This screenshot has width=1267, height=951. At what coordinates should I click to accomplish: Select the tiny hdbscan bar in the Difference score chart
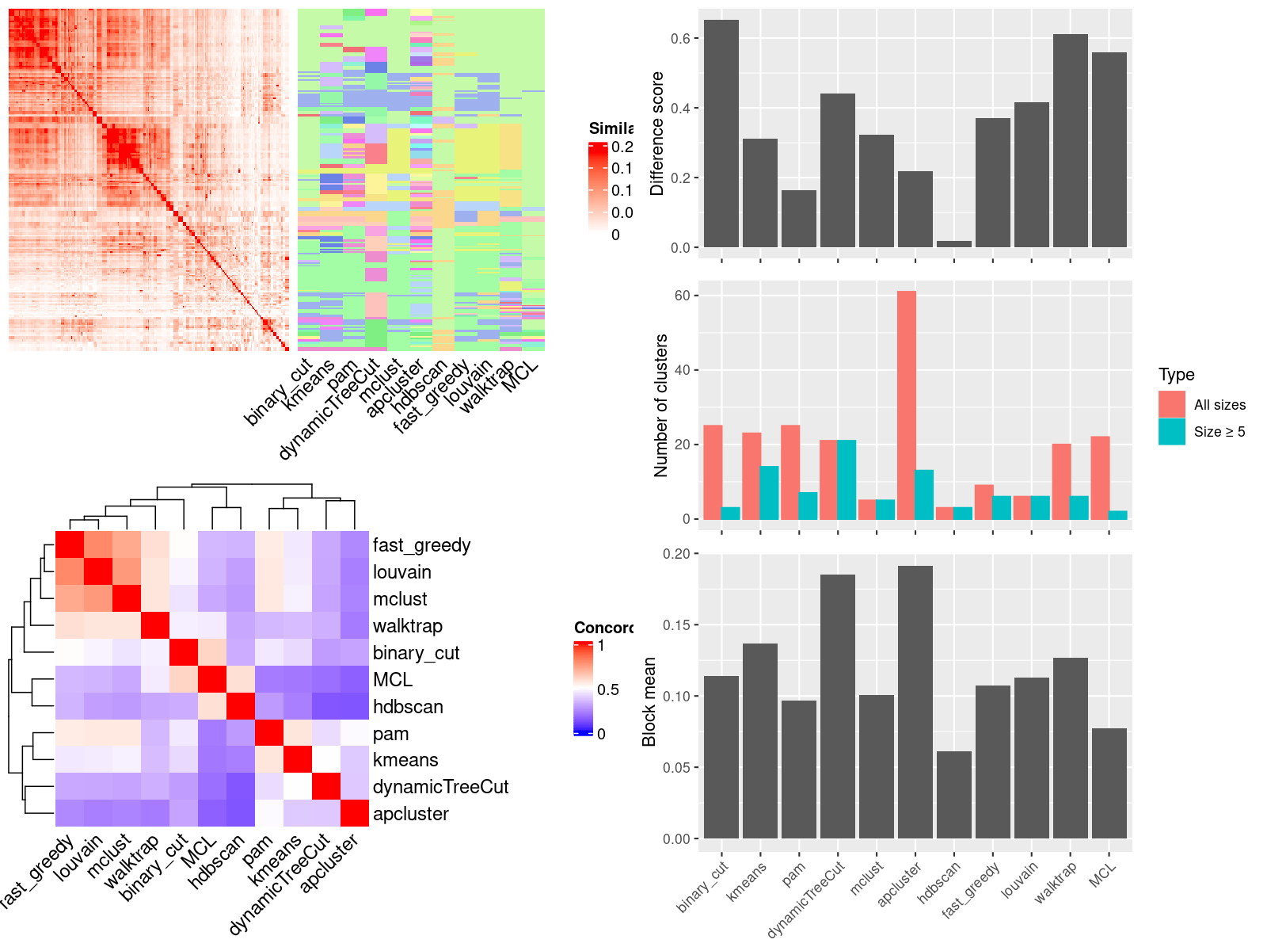[953, 244]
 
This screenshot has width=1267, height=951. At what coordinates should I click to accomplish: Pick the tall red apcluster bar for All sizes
[906, 405]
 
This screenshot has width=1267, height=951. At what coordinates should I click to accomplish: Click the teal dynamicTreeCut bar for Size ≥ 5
[847, 479]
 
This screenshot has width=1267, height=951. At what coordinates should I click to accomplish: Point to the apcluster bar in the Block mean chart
[915, 701]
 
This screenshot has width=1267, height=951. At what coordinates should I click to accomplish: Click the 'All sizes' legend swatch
[1171, 404]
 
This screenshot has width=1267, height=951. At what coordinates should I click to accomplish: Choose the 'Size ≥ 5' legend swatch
[1171, 431]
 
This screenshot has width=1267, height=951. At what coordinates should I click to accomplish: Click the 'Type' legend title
[1176, 374]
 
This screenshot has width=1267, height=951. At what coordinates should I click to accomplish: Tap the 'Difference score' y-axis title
[656, 133]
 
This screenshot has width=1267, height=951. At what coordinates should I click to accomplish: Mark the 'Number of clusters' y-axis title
[660, 405]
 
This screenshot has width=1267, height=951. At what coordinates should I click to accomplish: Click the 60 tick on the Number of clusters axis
[681, 296]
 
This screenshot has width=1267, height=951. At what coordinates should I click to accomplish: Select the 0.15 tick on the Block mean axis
[676, 624]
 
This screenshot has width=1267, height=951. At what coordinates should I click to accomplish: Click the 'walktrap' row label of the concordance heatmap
[407, 626]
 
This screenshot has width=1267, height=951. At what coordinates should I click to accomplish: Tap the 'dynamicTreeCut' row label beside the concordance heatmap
[440, 787]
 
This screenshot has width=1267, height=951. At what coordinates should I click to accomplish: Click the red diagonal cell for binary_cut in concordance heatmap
[184, 653]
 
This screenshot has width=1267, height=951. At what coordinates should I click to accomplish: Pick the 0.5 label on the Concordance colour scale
[607, 689]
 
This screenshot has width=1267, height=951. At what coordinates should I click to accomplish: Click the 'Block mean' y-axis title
[649, 701]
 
